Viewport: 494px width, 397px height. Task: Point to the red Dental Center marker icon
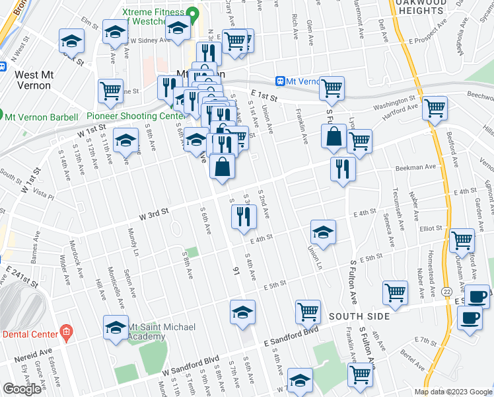65,330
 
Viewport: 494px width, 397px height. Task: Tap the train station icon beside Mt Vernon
281,81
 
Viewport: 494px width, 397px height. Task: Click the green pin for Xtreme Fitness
192,13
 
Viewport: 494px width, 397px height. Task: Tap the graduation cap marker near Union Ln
323,232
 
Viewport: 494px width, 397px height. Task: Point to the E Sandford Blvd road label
291,335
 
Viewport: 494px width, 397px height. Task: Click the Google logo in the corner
22,389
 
